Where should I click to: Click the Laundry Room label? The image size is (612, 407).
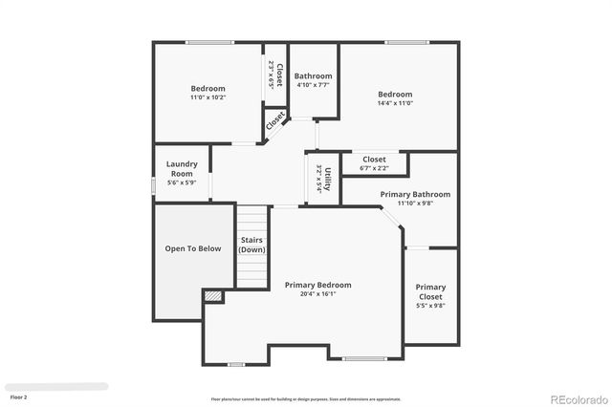182,168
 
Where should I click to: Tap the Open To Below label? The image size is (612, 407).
193,248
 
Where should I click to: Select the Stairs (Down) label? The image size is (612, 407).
252,245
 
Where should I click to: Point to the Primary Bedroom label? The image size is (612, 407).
317,285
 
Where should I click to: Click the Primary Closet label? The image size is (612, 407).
430,291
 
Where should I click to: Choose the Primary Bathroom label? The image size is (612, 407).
415,194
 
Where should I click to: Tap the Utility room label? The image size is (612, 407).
327,179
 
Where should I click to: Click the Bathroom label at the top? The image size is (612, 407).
313,76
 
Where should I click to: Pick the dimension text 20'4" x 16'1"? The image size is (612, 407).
317,294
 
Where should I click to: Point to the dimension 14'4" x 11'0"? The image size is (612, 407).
395,103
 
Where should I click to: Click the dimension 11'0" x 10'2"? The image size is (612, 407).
208,97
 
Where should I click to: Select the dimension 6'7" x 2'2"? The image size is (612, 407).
374,168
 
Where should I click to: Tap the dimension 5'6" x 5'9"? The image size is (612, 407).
182,182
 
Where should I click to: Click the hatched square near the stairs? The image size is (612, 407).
212,297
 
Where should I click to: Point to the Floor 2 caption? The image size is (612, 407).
19,396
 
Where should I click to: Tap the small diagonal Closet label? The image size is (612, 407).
275,121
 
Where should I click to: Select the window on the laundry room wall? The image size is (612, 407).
153,184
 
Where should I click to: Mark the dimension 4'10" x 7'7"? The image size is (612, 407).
313,85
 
